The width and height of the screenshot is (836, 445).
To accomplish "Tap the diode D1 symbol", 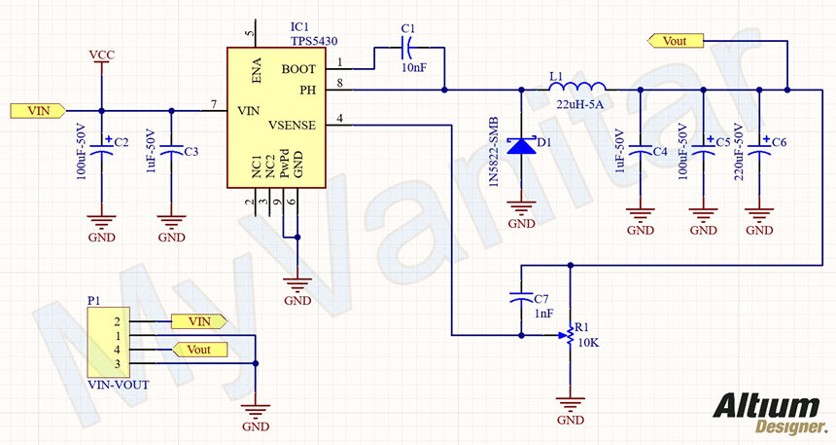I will click(x=522, y=146).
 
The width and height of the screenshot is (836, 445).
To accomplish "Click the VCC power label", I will click(x=101, y=54).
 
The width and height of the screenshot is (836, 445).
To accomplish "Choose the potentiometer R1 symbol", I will click(x=569, y=337).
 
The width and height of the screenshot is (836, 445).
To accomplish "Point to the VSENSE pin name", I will click(x=291, y=126).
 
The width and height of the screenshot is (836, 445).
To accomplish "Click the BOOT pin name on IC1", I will click(x=298, y=69).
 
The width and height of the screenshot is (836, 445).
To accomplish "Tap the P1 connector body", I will click(x=107, y=342).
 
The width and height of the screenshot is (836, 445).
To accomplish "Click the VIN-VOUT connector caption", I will click(x=118, y=385).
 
